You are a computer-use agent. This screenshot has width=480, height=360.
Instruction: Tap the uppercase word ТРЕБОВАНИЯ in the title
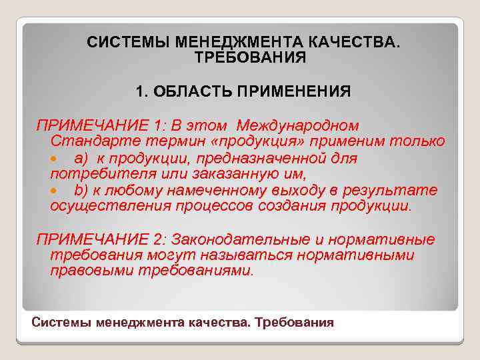(250, 57)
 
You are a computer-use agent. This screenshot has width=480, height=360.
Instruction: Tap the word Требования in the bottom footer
(295, 323)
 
